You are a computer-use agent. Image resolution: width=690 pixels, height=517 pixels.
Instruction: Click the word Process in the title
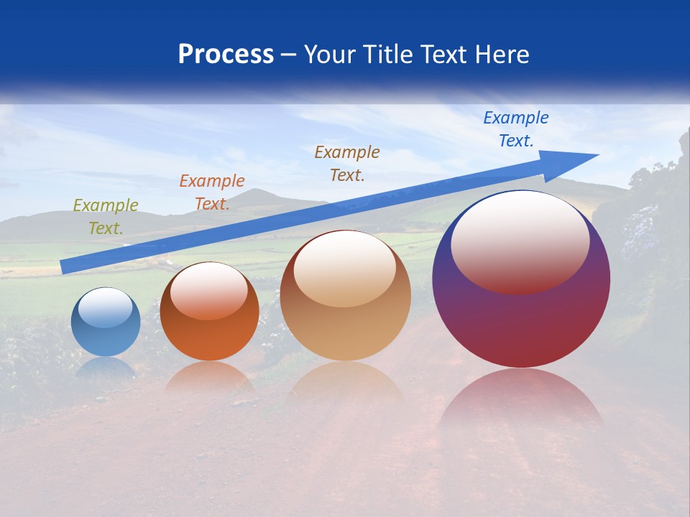(x=226, y=55)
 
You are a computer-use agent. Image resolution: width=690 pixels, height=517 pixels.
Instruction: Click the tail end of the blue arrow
(x=63, y=267)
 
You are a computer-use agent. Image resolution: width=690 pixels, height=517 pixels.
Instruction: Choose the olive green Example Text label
(x=106, y=216)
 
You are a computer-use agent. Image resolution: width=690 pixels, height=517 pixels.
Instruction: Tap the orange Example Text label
(x=212, y=192)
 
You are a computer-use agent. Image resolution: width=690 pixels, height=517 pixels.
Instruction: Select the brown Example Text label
(x=347, y=163)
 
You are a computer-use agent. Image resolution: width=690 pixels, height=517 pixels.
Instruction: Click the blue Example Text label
(x=516, y=129)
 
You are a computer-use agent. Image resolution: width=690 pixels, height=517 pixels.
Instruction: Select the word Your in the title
(x=328, y=55)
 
